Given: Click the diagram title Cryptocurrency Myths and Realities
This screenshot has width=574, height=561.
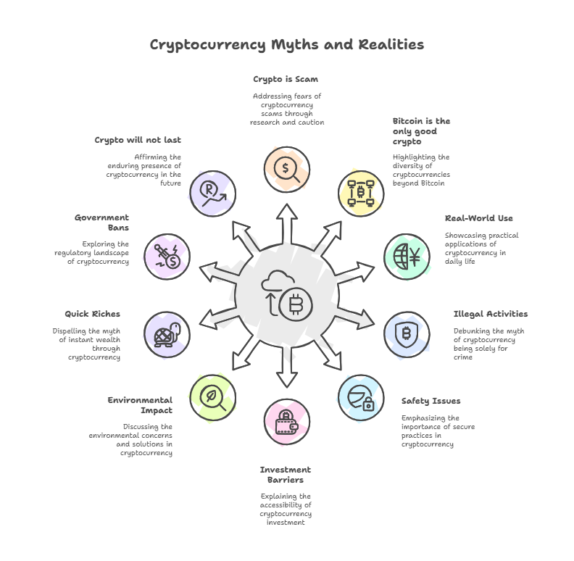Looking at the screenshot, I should coord(287,45).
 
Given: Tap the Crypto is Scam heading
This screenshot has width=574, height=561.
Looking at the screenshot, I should coord(286,79).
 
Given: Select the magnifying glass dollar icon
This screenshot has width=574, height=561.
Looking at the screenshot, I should coord(286,169).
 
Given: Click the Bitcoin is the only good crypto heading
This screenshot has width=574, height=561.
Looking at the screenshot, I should coord(421,131).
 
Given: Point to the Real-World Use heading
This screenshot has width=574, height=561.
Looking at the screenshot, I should coord(479,218).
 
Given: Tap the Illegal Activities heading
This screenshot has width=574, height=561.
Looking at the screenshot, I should coord(491,315).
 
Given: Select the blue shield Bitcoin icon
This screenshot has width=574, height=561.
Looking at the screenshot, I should coord(406,335).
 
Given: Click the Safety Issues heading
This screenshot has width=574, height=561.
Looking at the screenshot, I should coord(430,401).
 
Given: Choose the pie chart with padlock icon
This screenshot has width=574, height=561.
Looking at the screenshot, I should coord(361,398).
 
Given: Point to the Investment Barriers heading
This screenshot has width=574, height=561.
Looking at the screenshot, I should coord(286,475).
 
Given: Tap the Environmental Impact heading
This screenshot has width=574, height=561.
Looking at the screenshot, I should coord(140,405).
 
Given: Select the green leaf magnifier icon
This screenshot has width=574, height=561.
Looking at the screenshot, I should coord(211,397).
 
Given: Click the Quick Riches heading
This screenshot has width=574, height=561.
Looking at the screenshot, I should coord(92,315).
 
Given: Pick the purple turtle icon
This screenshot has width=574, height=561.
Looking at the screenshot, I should coord(166,334).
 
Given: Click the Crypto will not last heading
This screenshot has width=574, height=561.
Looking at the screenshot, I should coord(138,140).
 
